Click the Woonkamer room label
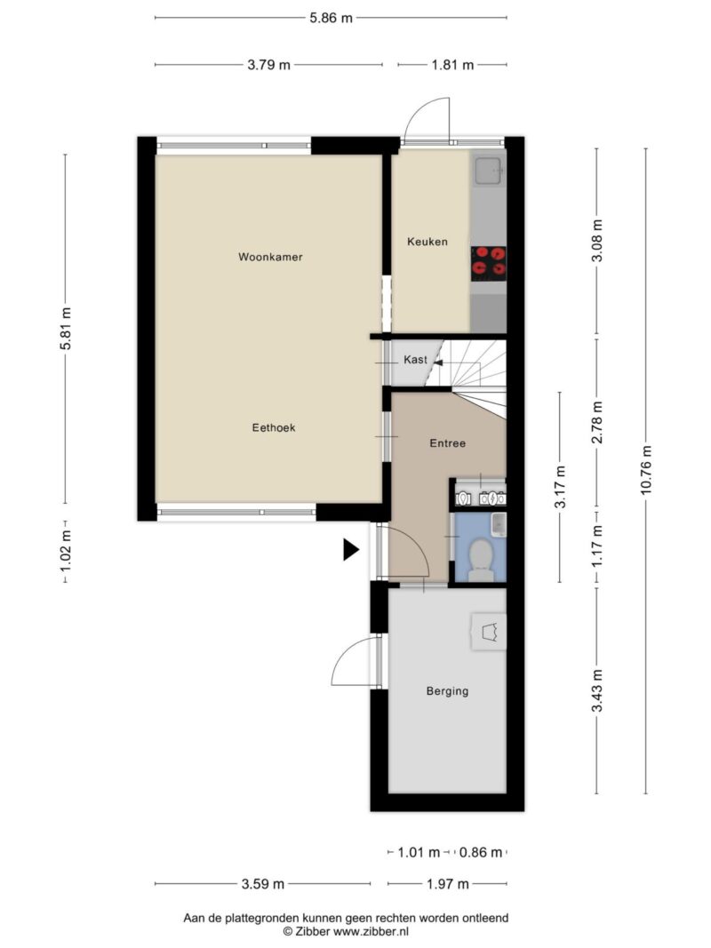tap(270, 257)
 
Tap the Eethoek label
tap(274, 427)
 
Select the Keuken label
tap(427, 242)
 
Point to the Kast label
tap(415, 360)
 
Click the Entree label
tap(448, 443)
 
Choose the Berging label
tap(447, 691)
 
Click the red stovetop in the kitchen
tap(489, 263)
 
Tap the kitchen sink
tap(489, 171)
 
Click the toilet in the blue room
tap(481, 561)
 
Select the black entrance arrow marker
tap(351, 550)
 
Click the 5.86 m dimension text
tap(331, 18)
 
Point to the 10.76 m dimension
tap(646, 470)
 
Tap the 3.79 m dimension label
tap(269, 65)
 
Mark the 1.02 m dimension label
tap(65, 551)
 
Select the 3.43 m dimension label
tap(597, 691)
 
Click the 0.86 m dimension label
tap(481, 852)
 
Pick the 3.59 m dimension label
tap(263, 884)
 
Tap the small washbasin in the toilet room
tap(499, 524)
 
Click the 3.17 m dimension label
tap(561, 487)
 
